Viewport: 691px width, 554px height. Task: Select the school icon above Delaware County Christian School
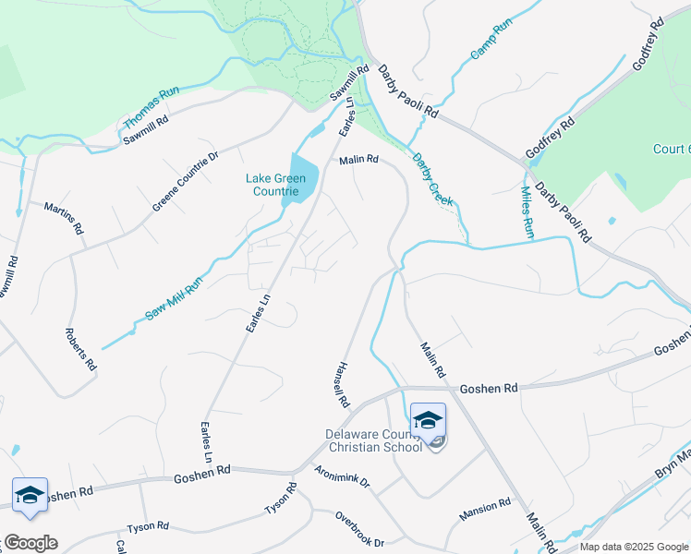coord(428,420)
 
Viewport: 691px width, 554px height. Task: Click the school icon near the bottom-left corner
coord(30,495)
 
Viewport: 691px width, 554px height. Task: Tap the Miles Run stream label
coord(527,212)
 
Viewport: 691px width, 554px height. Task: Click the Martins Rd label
coord(65,217)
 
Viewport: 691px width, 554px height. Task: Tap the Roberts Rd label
coord(81,348)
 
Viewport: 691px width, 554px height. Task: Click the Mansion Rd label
coord(485,508)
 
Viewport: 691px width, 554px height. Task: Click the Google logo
coord(30,543)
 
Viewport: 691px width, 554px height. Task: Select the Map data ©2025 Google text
coord(634,547)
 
